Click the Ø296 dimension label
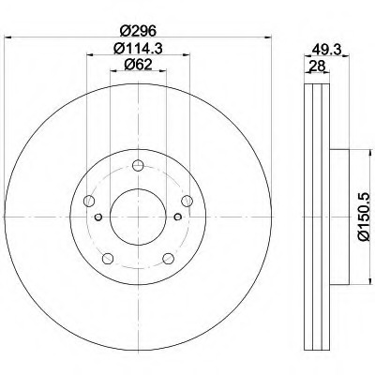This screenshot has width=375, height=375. pos(138,31)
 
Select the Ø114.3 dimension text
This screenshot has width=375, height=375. pos(138,49)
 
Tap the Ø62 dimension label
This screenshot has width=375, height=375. pos(138,65)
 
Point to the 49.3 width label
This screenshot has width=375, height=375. pos(326,50)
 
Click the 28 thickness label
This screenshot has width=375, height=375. pos(317,67)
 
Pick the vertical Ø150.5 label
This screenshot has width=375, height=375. pos(365,217)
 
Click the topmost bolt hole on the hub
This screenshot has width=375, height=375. pos(138,165)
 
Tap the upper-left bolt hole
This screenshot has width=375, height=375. pos(89,201)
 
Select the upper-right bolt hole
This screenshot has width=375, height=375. pos(187,201)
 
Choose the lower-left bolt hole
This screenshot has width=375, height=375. pos(108,258)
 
